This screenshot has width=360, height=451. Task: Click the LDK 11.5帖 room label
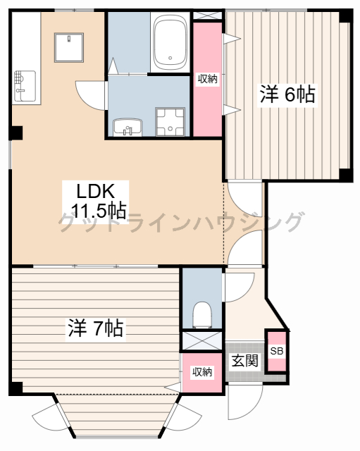pyautogui.click(x=96, y=202)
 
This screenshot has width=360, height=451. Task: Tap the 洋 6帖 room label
pyautogui.click(x=287, y=94)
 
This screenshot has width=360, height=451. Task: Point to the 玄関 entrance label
pyautogui.click(x=245, y=361)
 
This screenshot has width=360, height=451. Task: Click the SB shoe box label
pyautogui.click(x=277, y=351)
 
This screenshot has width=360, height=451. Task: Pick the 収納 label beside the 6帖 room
pyautogui.click(x=207, y=78)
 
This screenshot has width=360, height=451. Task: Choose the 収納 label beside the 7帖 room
pyautogui.click(x=202, y=372)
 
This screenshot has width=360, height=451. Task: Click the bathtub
pyautogui.click(x=170, y=42)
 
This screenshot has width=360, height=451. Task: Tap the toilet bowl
pyautogui.click(x=202, y=315)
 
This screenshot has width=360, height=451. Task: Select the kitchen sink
pyautogui.click(x=25, y=86)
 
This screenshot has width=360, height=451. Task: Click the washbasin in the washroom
pyautogui.click(x=128, y=127)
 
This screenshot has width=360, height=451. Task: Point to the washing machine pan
pyautogui.click(x=170, y=122)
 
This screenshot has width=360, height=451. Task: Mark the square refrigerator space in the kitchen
pyautogui.click(x=69, y=47)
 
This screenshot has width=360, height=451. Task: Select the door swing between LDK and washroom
pyautogui.click(x=92, y=96)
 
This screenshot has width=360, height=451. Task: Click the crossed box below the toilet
pyautogui.click(x=202, y=340)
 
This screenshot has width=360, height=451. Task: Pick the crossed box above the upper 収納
pyautogui.click(x=207, y=16)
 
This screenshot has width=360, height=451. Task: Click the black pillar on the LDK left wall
pyautogui.click(x=16, y=133)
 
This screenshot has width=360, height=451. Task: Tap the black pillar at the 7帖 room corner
pyautogui.click(x=15, y=388)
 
